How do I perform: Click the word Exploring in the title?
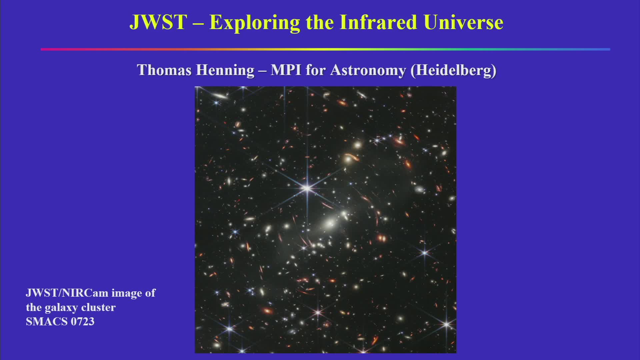tap(255, 23)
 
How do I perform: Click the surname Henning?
tap(225, 70)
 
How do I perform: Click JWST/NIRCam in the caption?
tap(67, 293)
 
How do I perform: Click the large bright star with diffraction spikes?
tap(307, 188)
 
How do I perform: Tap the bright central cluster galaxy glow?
tap(329, 222)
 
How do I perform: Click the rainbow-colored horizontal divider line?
tap(325, 49)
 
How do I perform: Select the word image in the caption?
tap(126, 293)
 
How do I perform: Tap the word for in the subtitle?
tap(316, 70)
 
